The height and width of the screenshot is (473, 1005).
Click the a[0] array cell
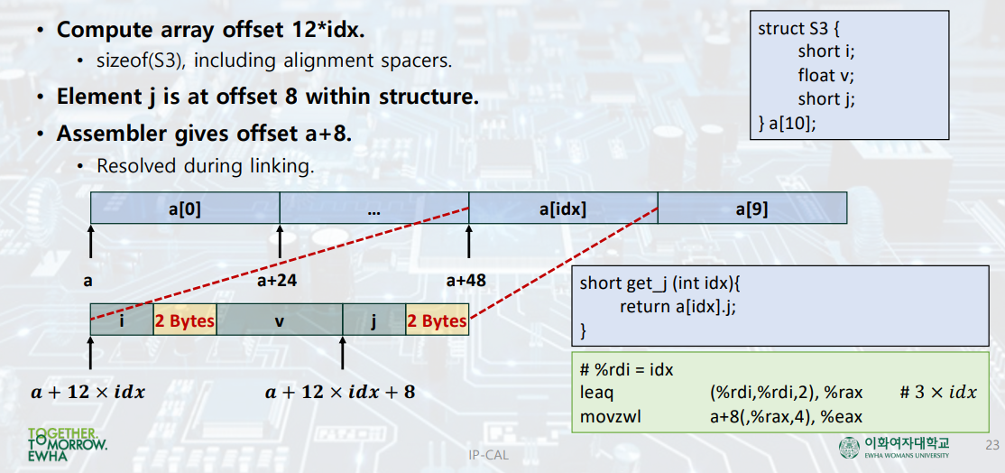(x=185, y=209)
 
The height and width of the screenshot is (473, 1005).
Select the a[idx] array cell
(x=563, y=209)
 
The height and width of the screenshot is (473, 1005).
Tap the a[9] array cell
(x=751, y=209)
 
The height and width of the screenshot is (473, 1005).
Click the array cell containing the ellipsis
(x=374, y=209)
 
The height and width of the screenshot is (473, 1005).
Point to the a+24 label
(x=277, y=281)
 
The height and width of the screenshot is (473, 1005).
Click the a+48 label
(x=466, y=281)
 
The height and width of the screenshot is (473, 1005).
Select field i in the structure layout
(x=122, y=320)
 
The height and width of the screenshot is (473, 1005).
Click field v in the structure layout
(x=280, y=320)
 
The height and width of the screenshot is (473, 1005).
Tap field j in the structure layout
(x=373, y=320)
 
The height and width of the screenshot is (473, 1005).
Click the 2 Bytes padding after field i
(x=185, y=320)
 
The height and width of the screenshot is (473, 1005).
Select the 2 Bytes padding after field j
(x=437, y=320)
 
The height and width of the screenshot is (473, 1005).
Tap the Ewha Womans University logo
(x=894, y=446)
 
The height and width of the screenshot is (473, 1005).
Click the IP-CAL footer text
(x=488, y=455)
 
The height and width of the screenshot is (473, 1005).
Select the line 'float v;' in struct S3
(x=825, y=75)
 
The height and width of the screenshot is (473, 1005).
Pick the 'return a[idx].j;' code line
(x=685, y=306)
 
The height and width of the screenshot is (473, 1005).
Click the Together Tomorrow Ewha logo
(x=67, y=445)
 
